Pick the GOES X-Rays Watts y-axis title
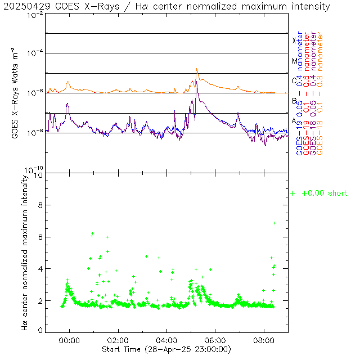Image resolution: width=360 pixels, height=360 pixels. pos(16,93)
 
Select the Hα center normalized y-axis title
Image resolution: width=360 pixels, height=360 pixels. pos(25,252)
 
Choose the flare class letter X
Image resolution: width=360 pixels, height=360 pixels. pos(294,40)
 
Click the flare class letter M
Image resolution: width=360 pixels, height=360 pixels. pos(294,61)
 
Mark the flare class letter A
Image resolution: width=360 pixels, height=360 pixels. pos(294,121)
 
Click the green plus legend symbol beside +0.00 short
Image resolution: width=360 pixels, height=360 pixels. pos(292,193)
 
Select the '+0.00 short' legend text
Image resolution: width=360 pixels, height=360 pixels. pos(324,193)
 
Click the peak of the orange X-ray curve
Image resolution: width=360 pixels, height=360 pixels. pos(197,69)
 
